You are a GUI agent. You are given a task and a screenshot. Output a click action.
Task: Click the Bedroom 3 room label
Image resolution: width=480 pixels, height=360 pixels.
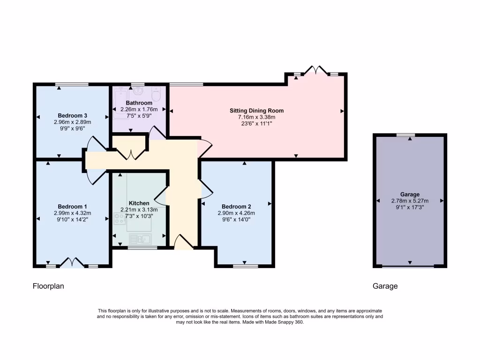pos(73,115)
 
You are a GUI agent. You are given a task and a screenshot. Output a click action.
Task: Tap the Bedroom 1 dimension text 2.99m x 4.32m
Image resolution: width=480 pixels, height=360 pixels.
pos(73,213)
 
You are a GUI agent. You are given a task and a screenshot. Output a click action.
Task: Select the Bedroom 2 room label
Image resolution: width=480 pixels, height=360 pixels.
pos(236,207)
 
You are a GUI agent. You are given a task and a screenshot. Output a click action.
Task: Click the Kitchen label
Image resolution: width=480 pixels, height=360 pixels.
pos(139,203)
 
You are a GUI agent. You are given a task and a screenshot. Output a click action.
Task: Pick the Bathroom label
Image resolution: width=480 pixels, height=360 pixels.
pos(139,103)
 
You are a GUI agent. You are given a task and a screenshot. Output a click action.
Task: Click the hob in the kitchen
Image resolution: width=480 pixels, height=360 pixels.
pos(118,218)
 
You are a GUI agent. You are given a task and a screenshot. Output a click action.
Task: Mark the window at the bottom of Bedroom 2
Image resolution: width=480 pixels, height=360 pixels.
pos(245,266)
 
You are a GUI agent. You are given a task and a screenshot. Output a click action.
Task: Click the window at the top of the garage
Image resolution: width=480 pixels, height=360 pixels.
pos(405,135)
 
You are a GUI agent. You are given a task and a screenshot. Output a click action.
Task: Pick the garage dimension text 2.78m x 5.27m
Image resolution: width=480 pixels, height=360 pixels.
pos(410,201)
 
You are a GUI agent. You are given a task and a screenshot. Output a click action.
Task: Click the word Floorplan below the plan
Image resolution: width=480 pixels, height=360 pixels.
pos(48,285)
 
